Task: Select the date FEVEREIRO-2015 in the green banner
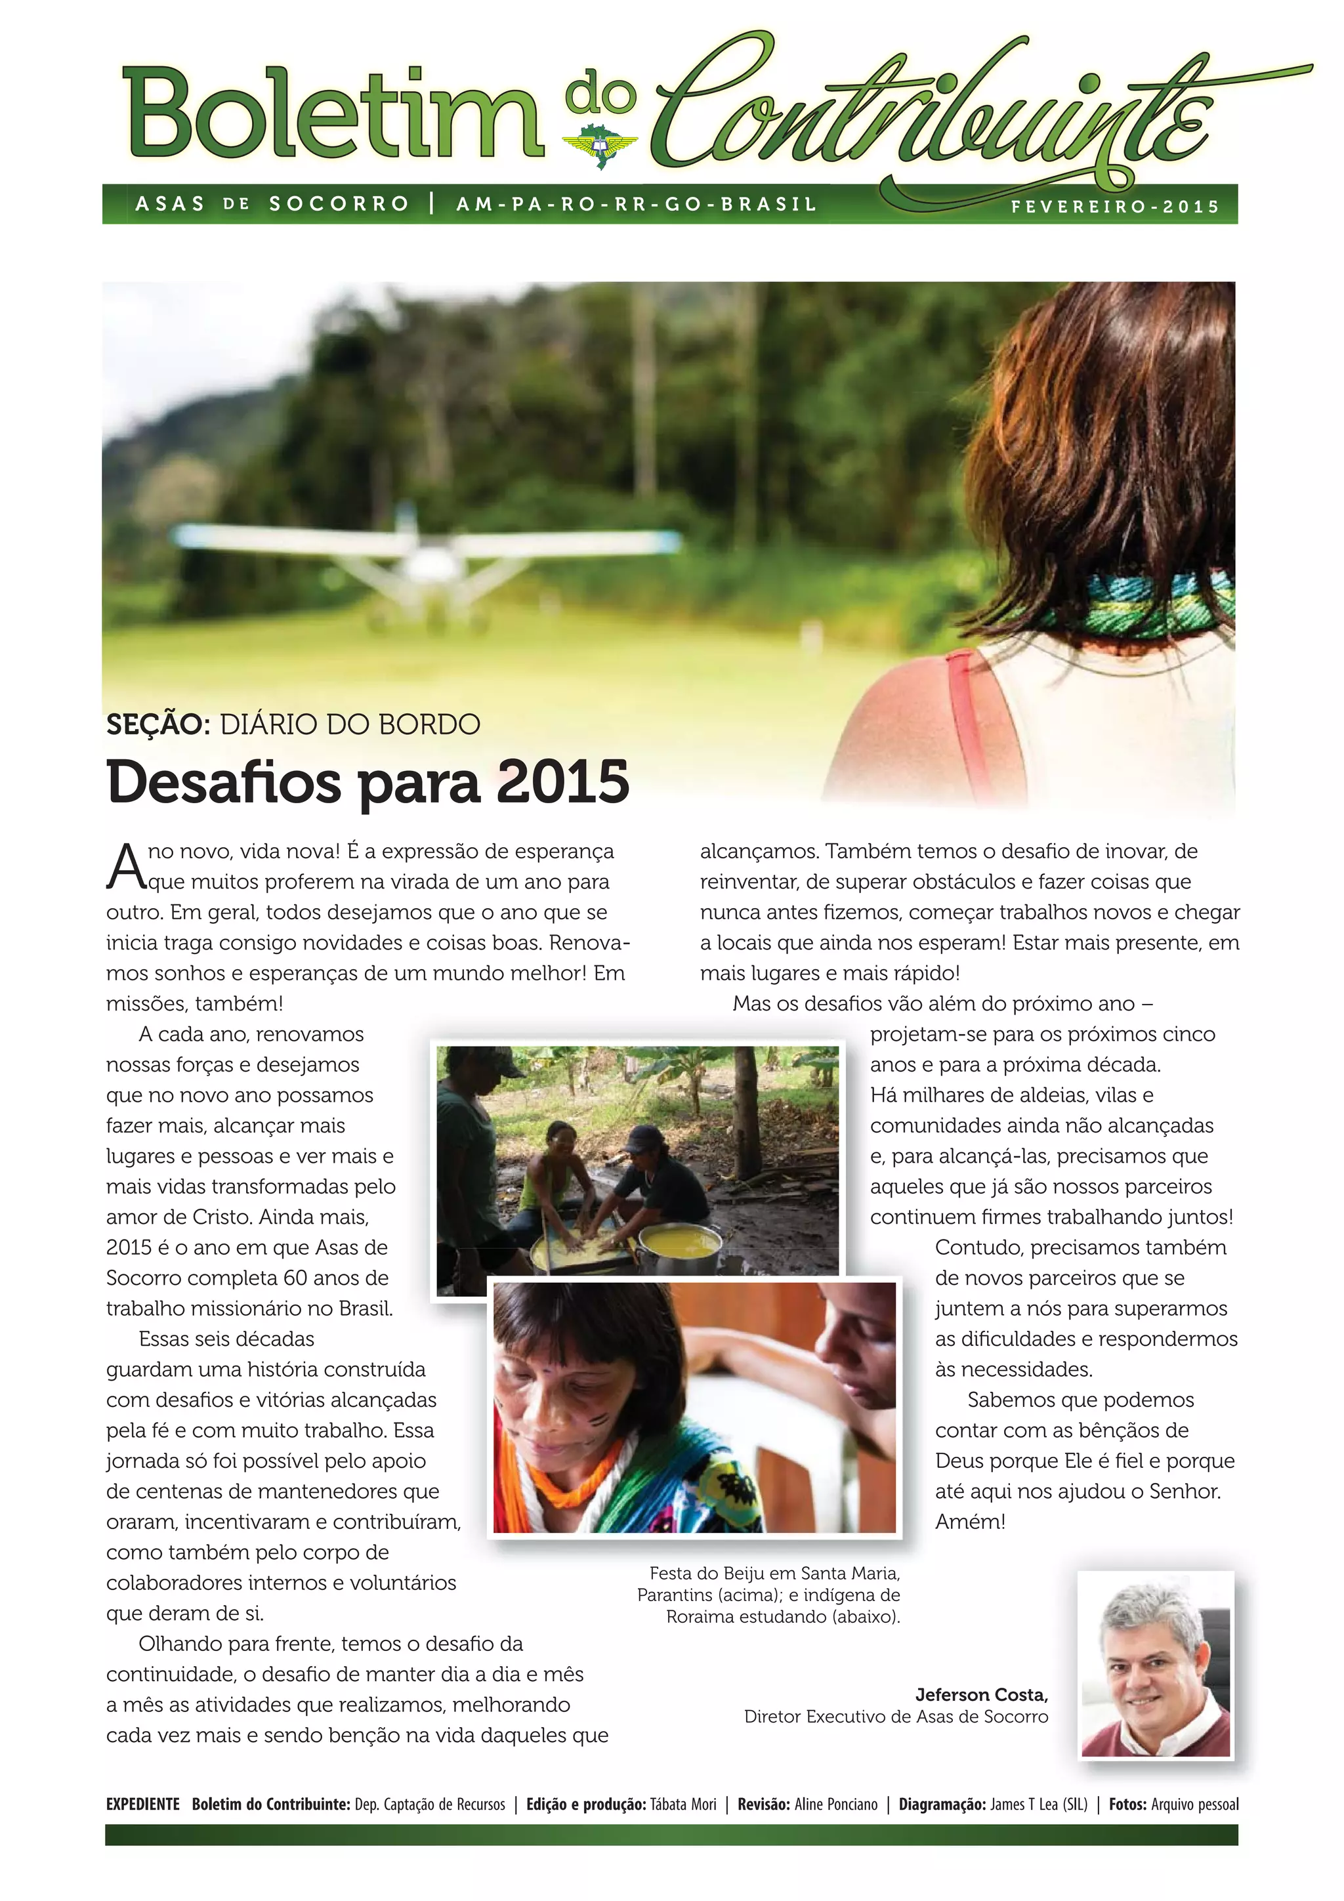1114,207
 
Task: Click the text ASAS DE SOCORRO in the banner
272,203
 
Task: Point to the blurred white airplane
423,556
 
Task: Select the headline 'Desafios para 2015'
367,782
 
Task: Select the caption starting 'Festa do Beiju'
768,1595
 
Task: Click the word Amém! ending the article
970,1522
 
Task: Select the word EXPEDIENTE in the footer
142,1804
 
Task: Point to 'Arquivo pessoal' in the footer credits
1194,1804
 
